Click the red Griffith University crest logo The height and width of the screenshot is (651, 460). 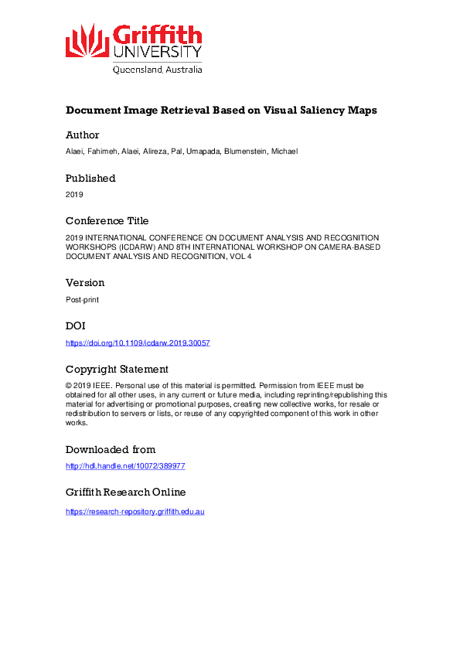click(x=87, y=40)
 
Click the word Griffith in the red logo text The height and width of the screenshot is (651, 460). click(x=157, y=35)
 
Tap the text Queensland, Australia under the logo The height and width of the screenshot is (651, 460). click(x=158, y=69)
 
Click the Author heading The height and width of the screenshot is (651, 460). click(x=82, y=135)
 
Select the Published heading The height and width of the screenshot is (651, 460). click(x=90, y=178)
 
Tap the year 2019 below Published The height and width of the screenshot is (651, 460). click(x=73, y=194)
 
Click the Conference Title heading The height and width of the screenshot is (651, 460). click(x=107, y=220)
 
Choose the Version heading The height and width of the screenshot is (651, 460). click(x=85, y=283)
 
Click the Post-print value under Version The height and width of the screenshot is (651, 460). click(x=81, y=299)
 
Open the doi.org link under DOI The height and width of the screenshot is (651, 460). click(x=138, y=342)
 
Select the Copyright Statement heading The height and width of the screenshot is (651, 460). click(x=117, y=369)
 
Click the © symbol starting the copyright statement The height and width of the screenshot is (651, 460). click(x=68, y=385)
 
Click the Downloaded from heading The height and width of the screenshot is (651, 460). click(x=111, y=449)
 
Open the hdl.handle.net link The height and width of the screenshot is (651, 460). click(x=125, y=466)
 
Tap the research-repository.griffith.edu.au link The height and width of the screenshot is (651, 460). click(x=135, y=512)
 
